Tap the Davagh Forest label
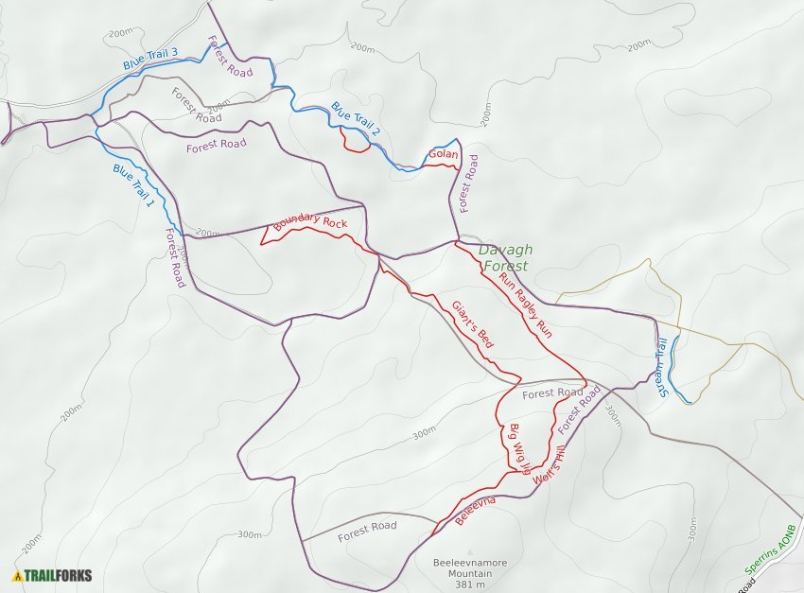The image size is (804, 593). (x=505, y=258)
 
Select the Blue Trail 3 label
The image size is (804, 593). (x=149, y=60)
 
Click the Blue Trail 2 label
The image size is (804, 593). (x=355, y=117)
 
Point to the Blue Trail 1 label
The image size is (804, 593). (x=132, y=186)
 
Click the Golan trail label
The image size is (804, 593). (x=443, y=154)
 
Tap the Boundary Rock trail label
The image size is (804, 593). (x=309, y=223)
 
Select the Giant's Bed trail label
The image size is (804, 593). (x=472, y=324)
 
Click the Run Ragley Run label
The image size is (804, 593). (x=525, y=305)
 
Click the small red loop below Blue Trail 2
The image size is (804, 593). (x=355, y=142)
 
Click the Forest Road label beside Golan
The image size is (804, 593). (x=470, y=183)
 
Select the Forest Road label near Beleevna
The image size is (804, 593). (x=367, y=527)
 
